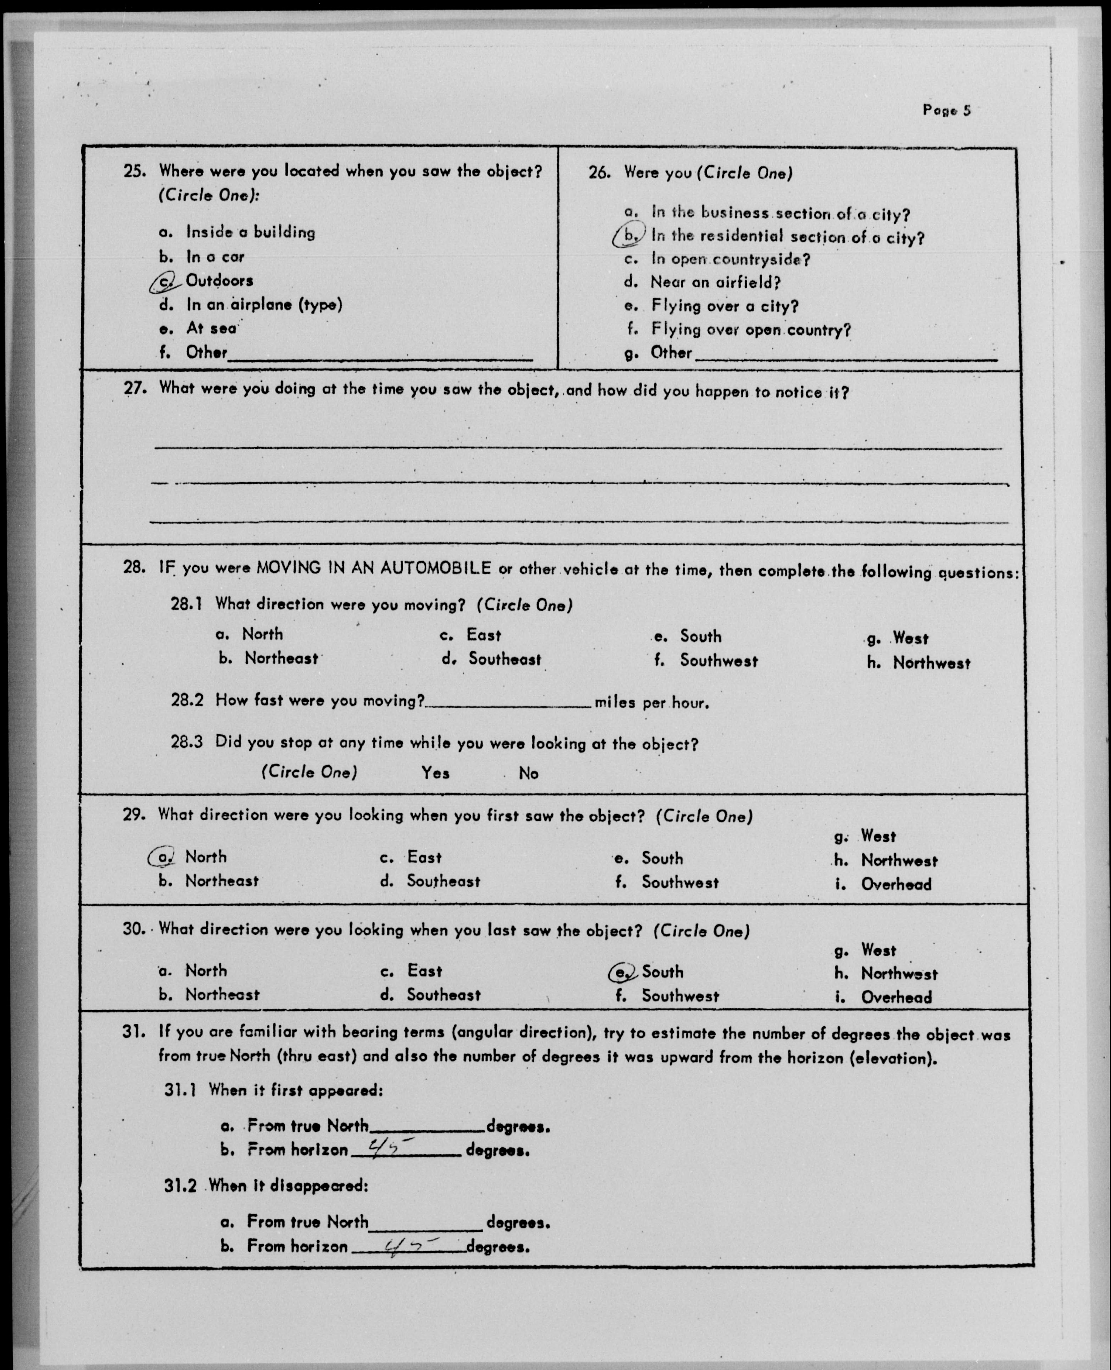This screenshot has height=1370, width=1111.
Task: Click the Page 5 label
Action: click(946, 110)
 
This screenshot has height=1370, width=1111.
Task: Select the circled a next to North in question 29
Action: click(162, 857)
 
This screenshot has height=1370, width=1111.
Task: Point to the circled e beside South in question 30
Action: click(621, 972)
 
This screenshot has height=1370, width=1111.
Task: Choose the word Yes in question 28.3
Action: click(435, 773)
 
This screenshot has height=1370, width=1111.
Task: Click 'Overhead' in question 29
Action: click(896, 884)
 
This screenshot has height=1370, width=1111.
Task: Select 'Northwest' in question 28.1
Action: click(931, 663)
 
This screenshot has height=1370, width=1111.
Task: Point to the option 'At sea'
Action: click(211, 328)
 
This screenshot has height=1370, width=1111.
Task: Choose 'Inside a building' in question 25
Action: click(250, 232)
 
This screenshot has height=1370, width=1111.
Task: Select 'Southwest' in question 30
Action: click(680, 995)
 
